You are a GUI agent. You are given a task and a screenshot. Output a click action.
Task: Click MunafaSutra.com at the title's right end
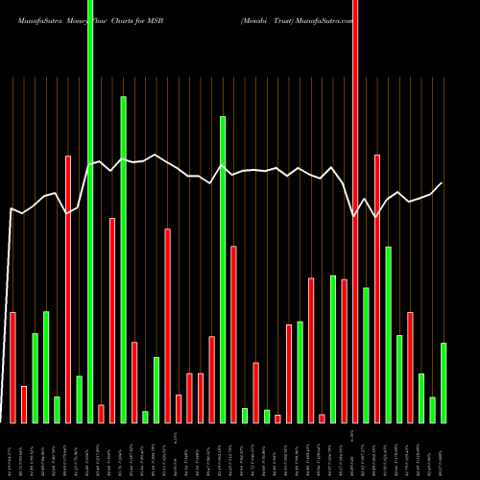pyautogui.click(x=322, y=20)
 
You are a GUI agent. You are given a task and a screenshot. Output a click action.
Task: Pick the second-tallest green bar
pyautogui.click(x=124, y=259)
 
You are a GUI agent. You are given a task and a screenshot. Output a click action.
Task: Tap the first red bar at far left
pyautogui.click(x=12, y=368)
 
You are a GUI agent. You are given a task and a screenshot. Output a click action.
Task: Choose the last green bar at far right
pyautogui.click(x=444, y=383)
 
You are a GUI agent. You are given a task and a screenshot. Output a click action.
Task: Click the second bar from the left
pyautogui.click(x=24, y=404)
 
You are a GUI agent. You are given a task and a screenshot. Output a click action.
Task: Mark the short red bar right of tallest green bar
pyautogui.click(x=101, y=414)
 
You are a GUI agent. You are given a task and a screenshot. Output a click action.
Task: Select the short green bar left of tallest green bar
pyautogui.click(x=79, y=399)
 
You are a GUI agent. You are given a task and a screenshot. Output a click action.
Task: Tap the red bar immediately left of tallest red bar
pyautogui.click(x=344, y=351)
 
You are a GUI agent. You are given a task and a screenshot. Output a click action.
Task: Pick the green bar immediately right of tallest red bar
pyautogui.click(x=366, y=355)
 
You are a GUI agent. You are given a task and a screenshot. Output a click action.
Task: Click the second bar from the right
pyautogui.click(x=433, y=410)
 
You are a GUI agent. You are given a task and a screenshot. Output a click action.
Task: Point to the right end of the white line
pyautogui.click(x=442, y=183)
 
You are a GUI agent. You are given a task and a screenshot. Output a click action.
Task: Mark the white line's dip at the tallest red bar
pyautogui.click(x=354, y=216)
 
